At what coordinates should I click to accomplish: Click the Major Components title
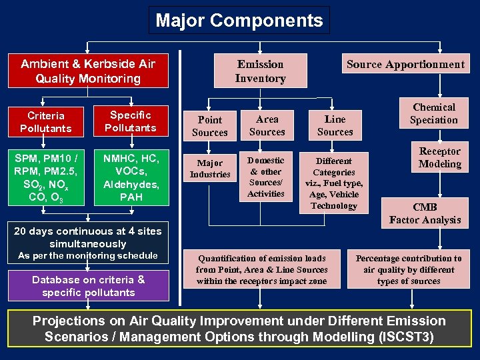[x=239, y=20]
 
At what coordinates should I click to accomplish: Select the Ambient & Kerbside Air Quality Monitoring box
[x=88, y=71]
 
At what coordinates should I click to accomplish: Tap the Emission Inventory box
[x=260, y=71]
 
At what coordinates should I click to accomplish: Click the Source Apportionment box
[x=405, y=64]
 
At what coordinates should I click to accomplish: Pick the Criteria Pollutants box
[x=46, y=122]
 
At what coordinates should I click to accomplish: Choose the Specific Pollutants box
[x=131, y=121]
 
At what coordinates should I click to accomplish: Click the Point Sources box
[x=210, y=126]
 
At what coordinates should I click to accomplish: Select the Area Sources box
[x=267, y=125]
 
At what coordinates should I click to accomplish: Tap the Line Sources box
[x=335, y=125]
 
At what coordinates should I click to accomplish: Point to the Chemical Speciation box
[x=433, y=113]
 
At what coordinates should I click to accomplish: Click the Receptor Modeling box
[x=439, y=158]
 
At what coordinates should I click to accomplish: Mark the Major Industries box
[x=210, y=169]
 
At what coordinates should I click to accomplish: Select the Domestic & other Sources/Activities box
[x=266, y=177]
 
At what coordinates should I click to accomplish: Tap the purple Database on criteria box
[x=88, y=286]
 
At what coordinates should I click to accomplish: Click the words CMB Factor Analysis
[x=425, y=213]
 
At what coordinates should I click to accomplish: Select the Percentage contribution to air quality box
[x=408, y=269]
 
